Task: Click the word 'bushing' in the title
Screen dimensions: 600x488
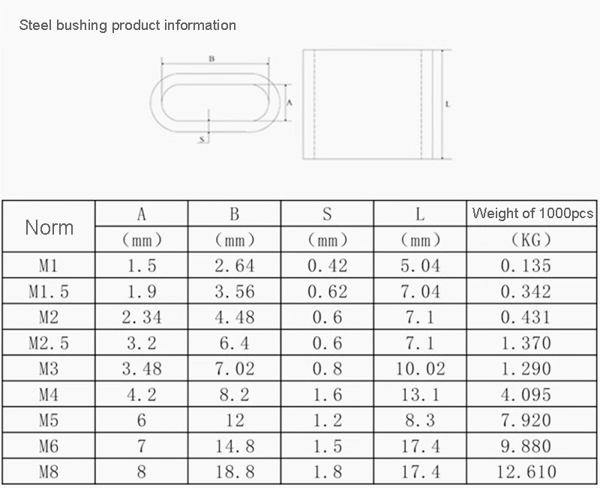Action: pyautogui.click(x=82, y=25)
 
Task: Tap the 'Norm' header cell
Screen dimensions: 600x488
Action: pyautogui.click(x=49, y=228)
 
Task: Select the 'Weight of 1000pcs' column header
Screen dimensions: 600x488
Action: pyautogui.click(x=532, y=213)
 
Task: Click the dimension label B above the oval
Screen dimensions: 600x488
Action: pyautogui.click(x=211, y=59)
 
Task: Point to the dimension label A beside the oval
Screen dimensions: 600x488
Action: pyautogui.click(x=289, y=103)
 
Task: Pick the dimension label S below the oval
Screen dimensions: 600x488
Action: pyautogui.click(x=202, y=139)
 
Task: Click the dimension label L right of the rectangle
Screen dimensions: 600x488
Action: pyautogui.click(x=448, y=104)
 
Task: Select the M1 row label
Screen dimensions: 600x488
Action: pyautogui.click(x=49, y=265)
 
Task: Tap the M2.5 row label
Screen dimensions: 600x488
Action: pyautogui.click(x=49, y=343)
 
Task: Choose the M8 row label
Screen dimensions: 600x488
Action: pyautogui.click(x=49, y=472)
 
